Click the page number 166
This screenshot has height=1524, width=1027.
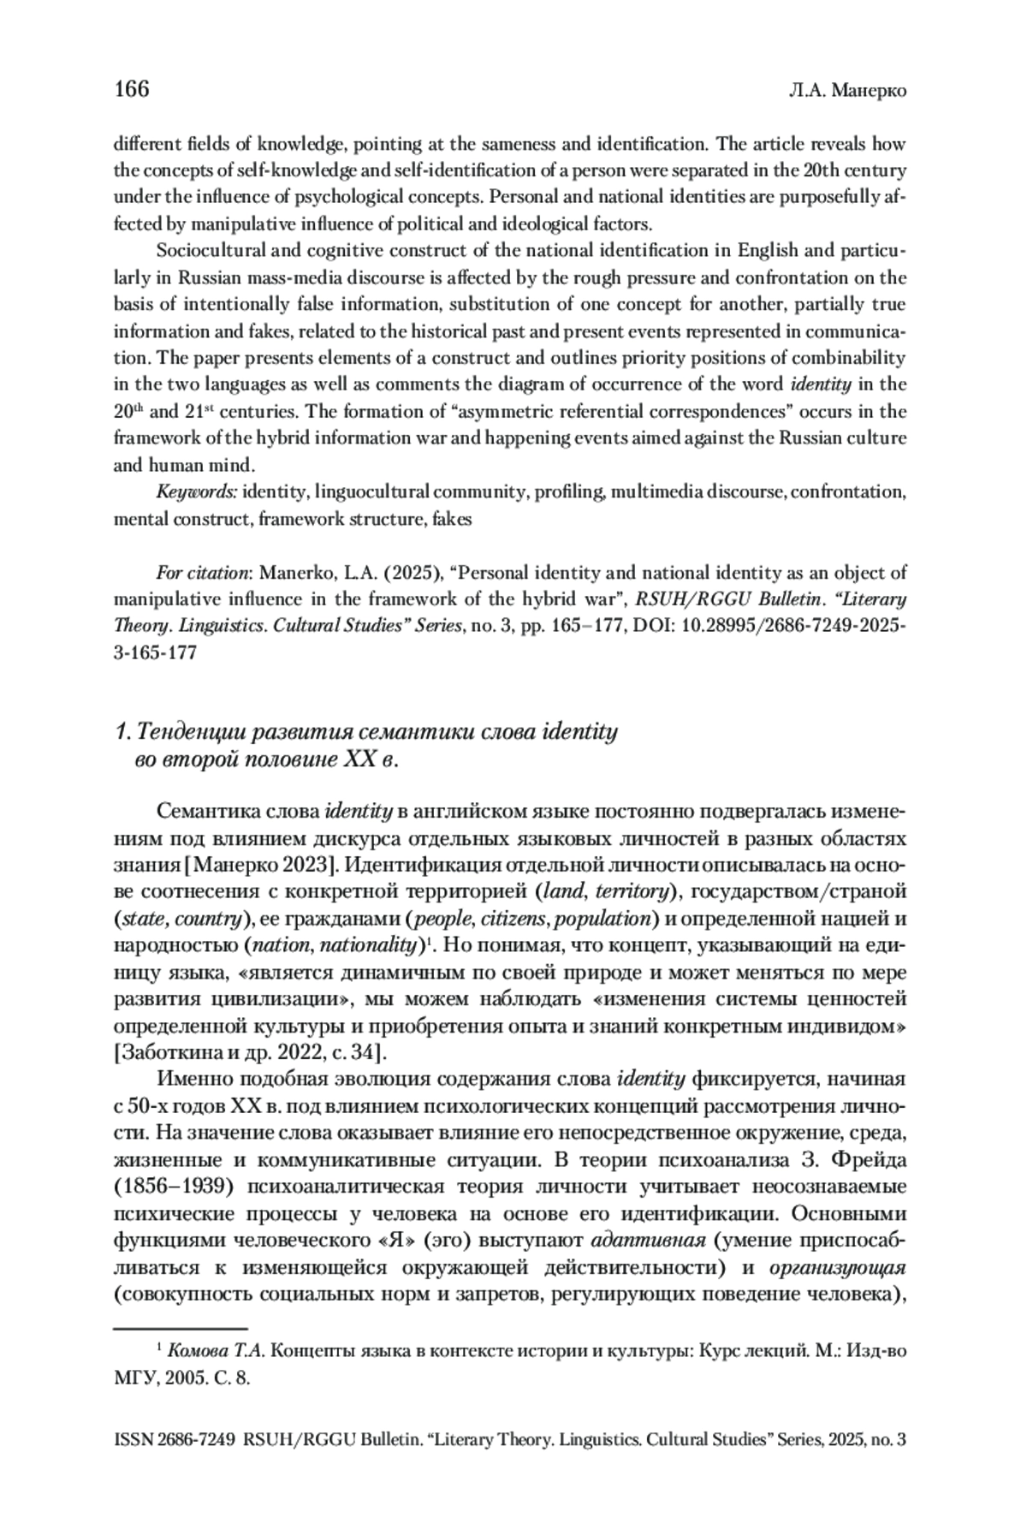pyautogui.click(x=132, y=89)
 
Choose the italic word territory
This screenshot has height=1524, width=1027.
pyautogui.click(x=632, y=891)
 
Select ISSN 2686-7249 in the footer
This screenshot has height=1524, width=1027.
pyautogui.click(x=175, y=1441)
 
